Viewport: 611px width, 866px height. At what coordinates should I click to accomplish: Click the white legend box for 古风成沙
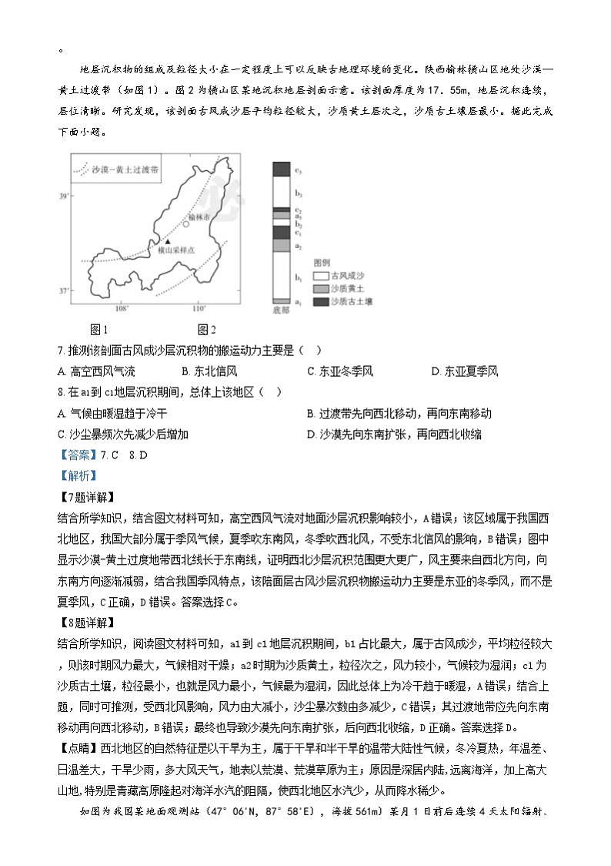click(x=319, y=276)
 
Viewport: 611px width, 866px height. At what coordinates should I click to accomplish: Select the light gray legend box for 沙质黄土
click(x=319, y=288)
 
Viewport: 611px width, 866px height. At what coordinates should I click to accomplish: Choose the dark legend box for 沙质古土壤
click(x=319, y=301)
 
